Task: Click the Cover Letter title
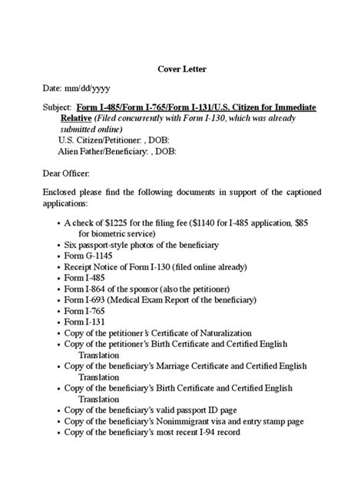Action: click(181, 68)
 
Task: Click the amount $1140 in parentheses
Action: click(219, 222)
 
